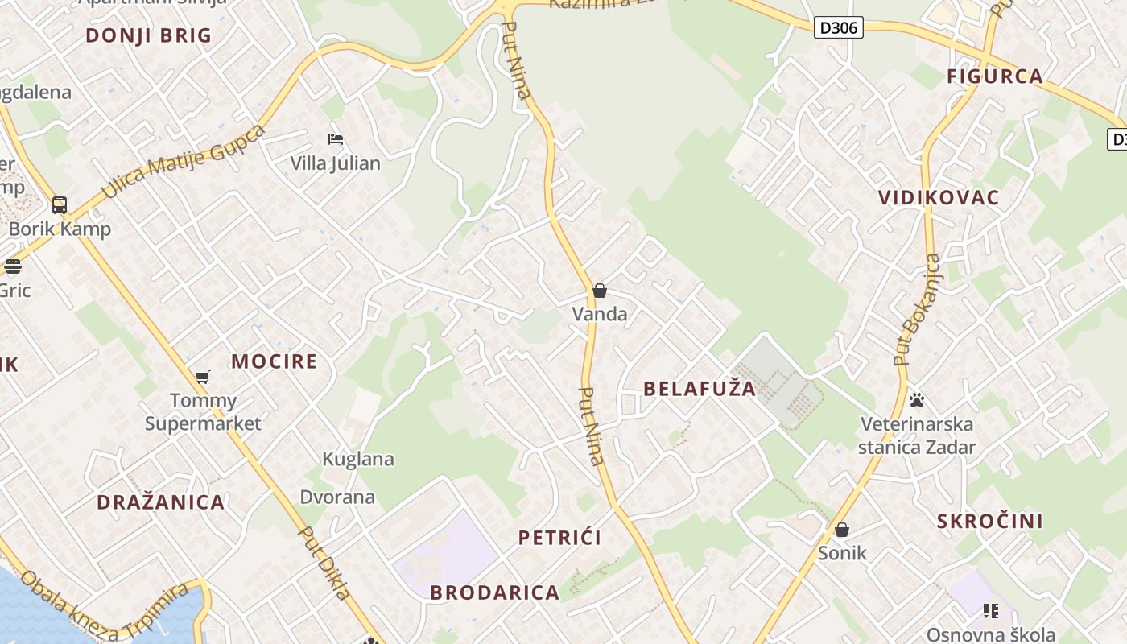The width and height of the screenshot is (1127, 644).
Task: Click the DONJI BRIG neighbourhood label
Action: tap(148, 35)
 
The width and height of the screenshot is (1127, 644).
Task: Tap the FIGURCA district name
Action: tap(995, 76)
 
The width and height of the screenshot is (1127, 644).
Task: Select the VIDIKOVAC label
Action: tap(939, 197)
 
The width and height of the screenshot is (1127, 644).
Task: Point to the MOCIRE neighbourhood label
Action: tap(275, 361)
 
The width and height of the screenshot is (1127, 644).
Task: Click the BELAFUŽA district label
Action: tap(700, 389)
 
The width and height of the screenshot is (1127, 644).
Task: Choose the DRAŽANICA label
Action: tap(160, 502)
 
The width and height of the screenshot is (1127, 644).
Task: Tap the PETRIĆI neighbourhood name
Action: tap(559, 538)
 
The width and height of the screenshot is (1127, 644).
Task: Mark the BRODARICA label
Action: tap(494, 592)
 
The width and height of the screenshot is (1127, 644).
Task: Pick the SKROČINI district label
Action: tap(989, 521)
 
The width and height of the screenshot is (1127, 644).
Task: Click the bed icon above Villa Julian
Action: tap(336, 140)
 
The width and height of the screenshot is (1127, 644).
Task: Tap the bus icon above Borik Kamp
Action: tap(60, 204)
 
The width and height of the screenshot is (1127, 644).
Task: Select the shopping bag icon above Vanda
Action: tap(600, 291)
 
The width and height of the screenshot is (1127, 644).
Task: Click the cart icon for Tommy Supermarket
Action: tap(203, 377)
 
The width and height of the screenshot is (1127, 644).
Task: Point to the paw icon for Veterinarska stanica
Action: tap(916, 399)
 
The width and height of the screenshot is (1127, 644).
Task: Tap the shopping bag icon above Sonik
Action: tap(842, 530)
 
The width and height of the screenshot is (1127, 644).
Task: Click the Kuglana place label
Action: tap(358, 459)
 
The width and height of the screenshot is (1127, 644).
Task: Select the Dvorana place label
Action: tap(337, 497)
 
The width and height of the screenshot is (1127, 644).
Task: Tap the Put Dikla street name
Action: tap(325, 563)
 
